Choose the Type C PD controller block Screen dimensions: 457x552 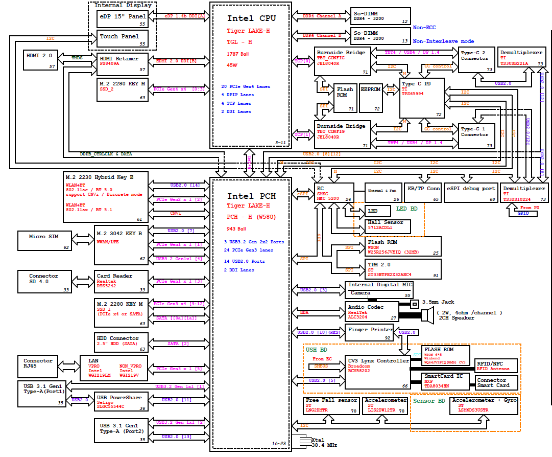[422, 98]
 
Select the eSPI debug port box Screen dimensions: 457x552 [470, 193]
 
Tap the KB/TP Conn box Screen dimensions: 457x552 [422, 193]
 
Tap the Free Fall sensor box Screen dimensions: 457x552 [332, 405]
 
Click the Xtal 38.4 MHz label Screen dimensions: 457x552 [324, 443]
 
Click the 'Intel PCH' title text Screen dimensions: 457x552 [251, 196]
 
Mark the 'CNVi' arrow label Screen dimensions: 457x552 [175, 213]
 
